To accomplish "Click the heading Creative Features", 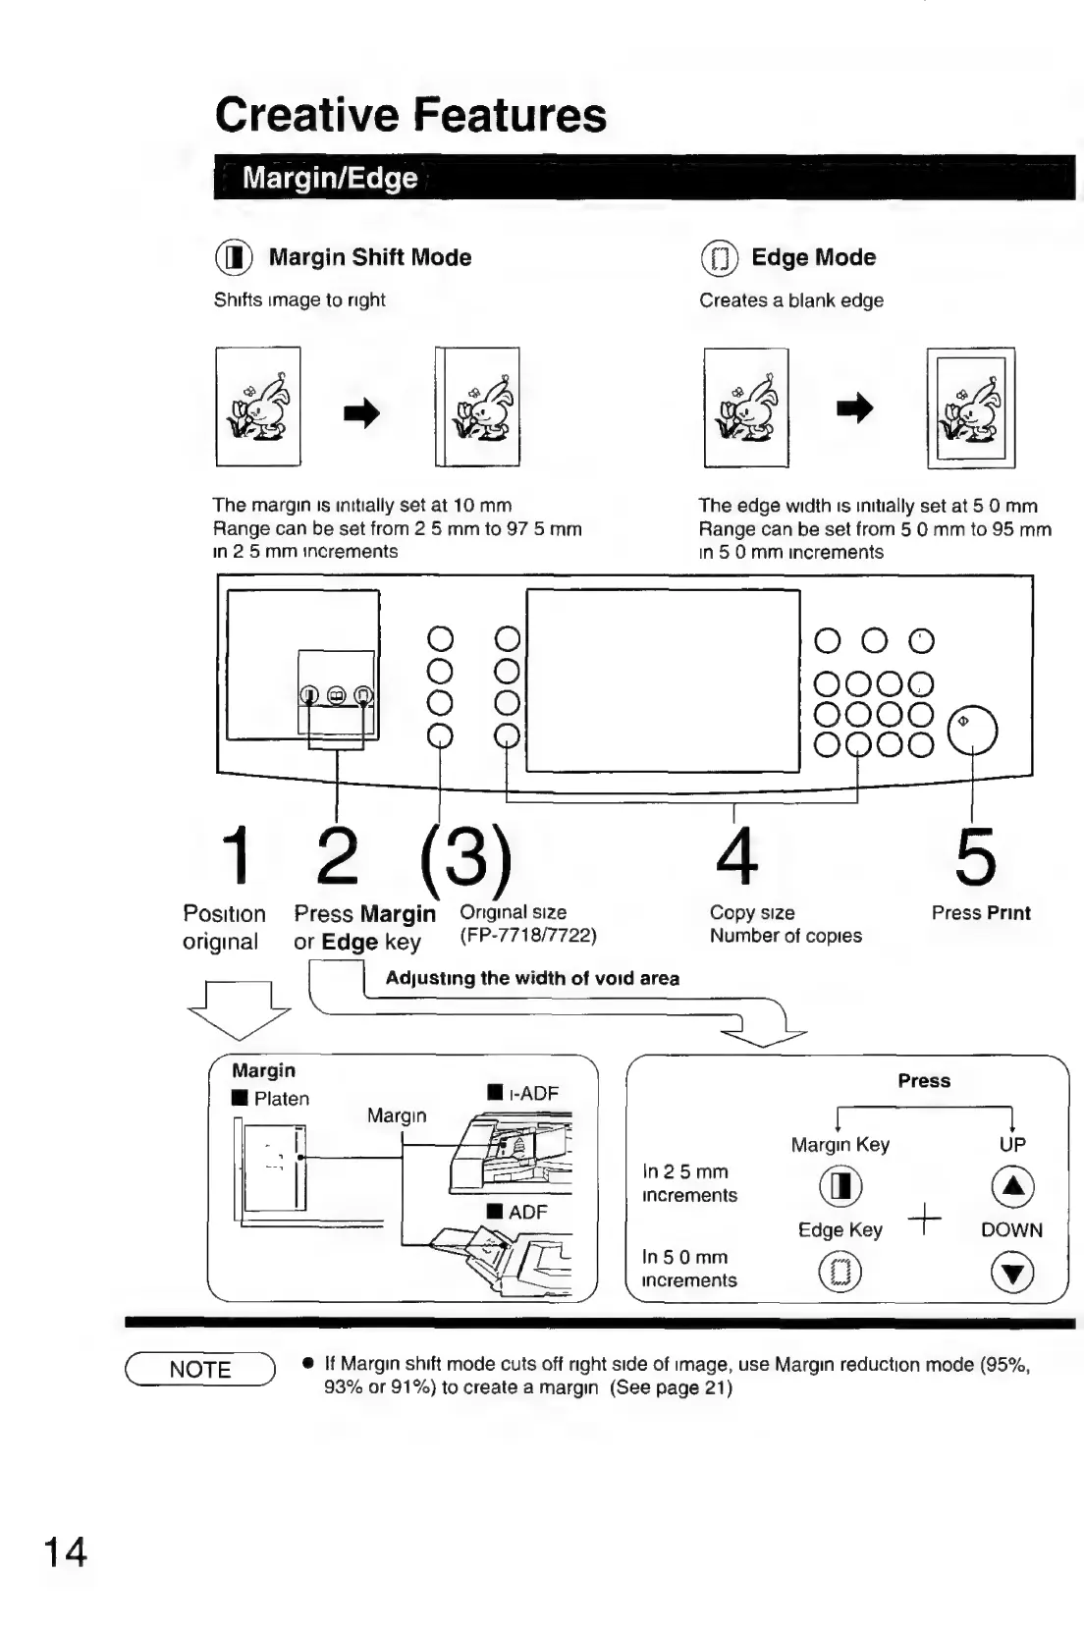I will (x=410, y=115).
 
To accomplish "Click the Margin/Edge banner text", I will (x=330, y=178).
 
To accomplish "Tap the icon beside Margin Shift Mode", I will (x=234, y=258).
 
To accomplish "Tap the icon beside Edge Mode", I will (x=719, y=259).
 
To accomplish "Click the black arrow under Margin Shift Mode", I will (x=361, y=413).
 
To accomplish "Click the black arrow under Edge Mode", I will (x=854, y=408).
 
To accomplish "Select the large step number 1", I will (x=236, y=855).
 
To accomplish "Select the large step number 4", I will (x=736, y=855).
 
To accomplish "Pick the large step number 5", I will (x=975, y=856).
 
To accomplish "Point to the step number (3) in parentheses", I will (x=465, y=855).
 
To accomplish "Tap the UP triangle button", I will (x=1012, y=1187).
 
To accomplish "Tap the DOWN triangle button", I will (x=1012, y=1275).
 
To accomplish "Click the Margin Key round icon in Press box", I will (x=840, y=1187).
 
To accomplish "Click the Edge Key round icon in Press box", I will (x=840, y=1274).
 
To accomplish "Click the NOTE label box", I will (x=200, y=1370).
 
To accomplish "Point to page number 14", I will (x=65, y=1552).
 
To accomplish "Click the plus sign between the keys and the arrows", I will (x=924, y=1221).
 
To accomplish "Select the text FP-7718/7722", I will (x=528, y=935).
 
